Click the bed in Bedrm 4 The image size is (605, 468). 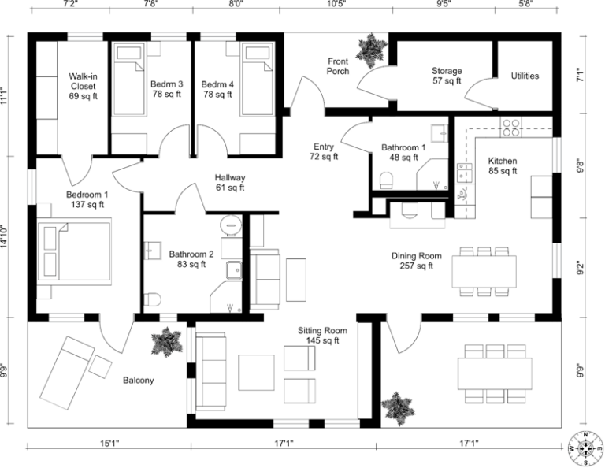(x=256, y=80)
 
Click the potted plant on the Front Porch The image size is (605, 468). (x=369, y=50)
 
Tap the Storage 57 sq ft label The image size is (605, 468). (x=447, y=76)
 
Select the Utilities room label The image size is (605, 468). (x=525, y=76)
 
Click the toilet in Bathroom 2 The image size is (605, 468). (x=153, y=300)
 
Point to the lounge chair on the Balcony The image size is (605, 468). (x=67, y=370)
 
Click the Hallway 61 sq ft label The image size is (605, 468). (x=231, y=183)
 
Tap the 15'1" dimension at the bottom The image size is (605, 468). (x=109, y=444)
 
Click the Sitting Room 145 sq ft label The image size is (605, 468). (x=317, y=336)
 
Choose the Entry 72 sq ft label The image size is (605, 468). (x=324, y=151)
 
